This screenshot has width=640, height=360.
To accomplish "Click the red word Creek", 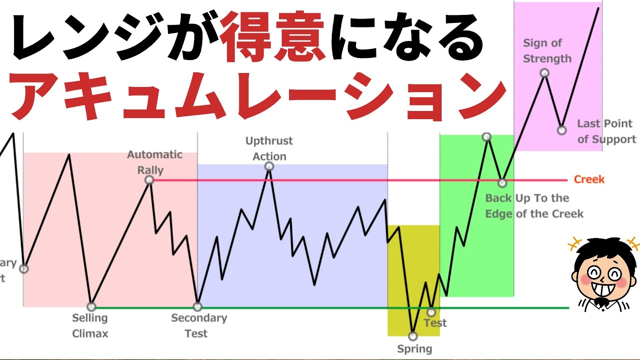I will pyautogui.click(x=589, y=179).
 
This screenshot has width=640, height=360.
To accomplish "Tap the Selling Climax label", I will pyautogui.click(x=90, y=325).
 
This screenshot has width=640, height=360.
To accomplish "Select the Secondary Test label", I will pyautogui.click(x=198, y=325).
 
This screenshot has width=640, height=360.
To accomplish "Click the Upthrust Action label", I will pyautogui.click(x=269, y=148).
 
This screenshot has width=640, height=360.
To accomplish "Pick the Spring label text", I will pyautogui.click(x=414, y=349).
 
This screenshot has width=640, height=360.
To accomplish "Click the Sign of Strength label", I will pyautogui.click(x=547, y=51).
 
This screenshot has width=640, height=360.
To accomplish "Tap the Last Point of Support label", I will pyautogui.click(x=606, y=131).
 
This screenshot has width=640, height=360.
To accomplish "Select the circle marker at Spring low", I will pyautogui.click(x=412, y=336).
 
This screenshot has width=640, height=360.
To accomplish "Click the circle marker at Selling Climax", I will pyautogui.click(x=91, y=306).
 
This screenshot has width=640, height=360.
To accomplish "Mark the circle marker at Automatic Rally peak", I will pyautogui.click(x=149, y=180).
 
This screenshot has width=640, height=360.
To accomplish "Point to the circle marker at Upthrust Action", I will pyautogui.click(x=269, y=166).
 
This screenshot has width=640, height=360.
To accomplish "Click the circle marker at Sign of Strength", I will pyautogui.click(x=544, y=73).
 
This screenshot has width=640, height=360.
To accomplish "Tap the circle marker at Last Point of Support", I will pyautogui.click(x=561, y=130).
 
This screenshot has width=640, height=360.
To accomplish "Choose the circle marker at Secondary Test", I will pyautogui.click(x=197, y=306).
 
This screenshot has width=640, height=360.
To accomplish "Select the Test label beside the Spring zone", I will pyautogui.click(x=435, y=323).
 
